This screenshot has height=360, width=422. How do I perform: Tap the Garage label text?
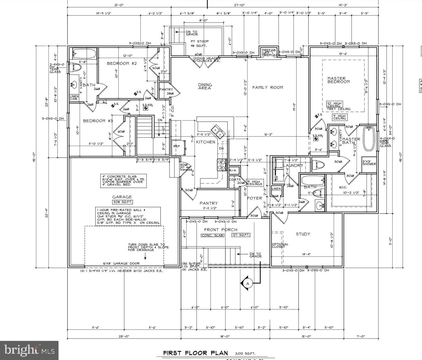(122, 197)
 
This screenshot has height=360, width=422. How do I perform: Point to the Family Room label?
(268, 87)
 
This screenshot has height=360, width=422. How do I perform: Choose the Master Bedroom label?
(338, 80)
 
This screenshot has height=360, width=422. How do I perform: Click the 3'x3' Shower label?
(369, 163)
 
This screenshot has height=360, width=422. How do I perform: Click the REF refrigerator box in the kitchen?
(179, 146)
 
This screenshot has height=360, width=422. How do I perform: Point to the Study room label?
(303, 234)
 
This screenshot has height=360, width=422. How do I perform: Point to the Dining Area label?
(205, 86)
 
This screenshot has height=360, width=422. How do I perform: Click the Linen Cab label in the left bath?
(74, 98)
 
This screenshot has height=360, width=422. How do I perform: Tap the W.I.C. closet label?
(335, 187)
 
